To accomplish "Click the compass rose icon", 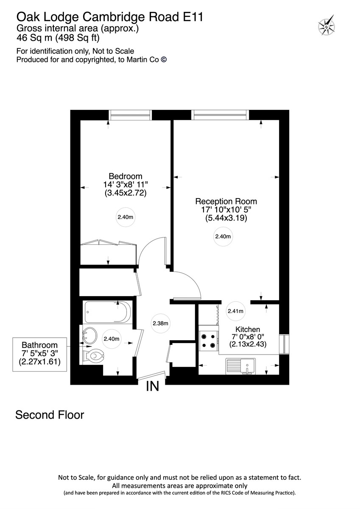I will point(327,26).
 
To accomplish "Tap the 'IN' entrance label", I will point(153,386).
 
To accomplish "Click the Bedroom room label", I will point(126,176).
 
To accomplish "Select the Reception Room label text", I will point(226,201).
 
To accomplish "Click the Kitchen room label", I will point(248,329).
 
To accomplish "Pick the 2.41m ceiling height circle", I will point(235,311).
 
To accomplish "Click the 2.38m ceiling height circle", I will point(161,324).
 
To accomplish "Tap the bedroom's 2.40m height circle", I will point(126,218).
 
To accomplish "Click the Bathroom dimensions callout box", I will point(39,354).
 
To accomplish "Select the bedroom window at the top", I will point(130,115).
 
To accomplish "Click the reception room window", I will point(220,115).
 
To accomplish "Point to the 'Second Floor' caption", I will point(50,414).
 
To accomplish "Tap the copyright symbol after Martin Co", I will point(164,60).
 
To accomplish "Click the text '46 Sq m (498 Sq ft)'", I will point(58,38).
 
